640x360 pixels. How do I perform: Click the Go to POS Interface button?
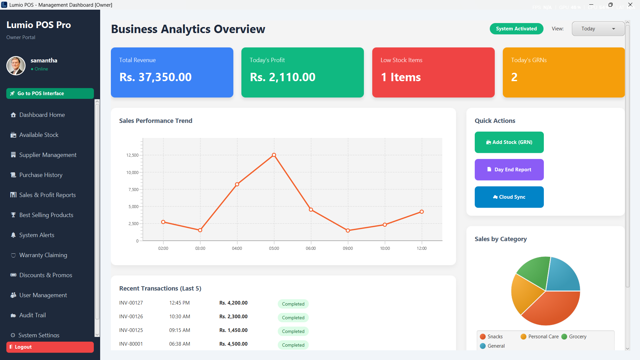[x=50, y=94]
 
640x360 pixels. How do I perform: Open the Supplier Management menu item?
[x=48, y=155]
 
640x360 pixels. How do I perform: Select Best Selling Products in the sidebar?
[x=46, y=215]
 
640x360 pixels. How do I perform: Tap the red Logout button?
[x=50, y=347]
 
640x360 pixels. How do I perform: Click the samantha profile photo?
[x=16, y=65]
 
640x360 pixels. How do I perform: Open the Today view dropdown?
[x=598, y=29]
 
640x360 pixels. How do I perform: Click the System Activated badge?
[x=516, y=29]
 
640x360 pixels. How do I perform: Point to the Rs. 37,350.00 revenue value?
[x=156, y=77]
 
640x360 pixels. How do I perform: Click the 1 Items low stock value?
[x=401, y=77]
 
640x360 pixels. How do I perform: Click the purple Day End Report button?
[x=509, y=170]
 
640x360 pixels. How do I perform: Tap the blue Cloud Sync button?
[x=509, y=197]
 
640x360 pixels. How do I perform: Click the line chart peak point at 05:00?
[x=274, y=155]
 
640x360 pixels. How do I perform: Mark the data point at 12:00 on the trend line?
[x=422, y=212]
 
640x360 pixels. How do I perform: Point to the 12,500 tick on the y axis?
[x=132, y=155]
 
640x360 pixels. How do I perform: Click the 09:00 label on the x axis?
[x=348, y=248]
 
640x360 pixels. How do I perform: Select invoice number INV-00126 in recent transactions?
[x=131, y=317]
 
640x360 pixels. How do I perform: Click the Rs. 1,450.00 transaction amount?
[x=233, y=330]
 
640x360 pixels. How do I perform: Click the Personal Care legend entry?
[x=540, y=337]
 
